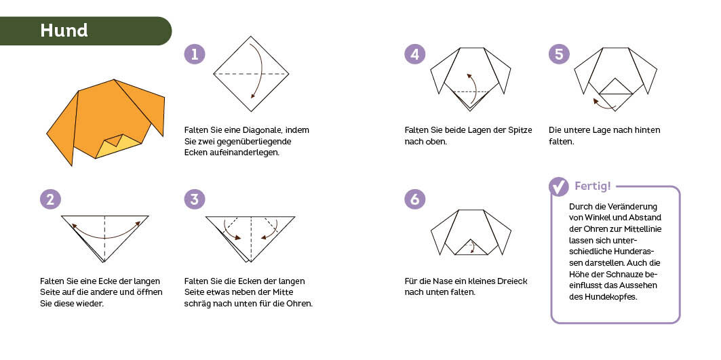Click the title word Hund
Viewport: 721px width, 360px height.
pyautogui.click(x=64, y=31)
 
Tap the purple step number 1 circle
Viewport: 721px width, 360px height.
pyautogui.click(x=195, y=54)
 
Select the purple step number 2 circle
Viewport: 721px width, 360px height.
pyautogui.click(x=50, y=199)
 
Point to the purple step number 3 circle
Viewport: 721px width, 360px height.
pyautogui.click(x=195, y=199)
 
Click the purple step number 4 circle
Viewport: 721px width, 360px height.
pyautogui.click(x=414, y=54)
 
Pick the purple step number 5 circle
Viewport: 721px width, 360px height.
pyautogui.click(x=559, y=54)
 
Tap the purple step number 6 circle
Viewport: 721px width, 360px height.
pyautogui.click(x=414, y=199)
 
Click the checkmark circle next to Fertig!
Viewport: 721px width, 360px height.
pyautogui.click(x=559, y=186)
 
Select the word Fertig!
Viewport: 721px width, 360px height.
pyautogui.click(x=593, y=186)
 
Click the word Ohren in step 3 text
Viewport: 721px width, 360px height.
pyautogui.click(x=296, y=304)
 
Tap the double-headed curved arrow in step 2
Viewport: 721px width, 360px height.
pyautogui.click(x=106, y=233)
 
